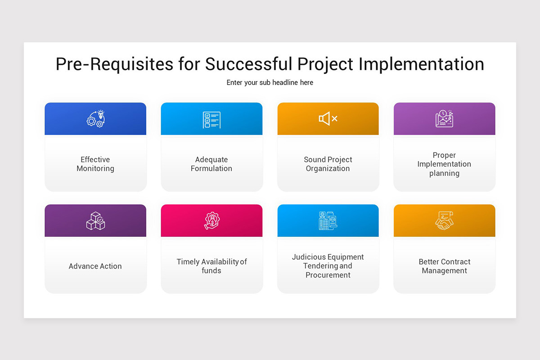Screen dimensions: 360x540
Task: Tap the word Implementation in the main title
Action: [x=421, y=64]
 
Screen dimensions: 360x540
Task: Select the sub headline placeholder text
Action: [x=270, y=83]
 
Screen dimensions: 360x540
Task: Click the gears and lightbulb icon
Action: [x=95, y=119]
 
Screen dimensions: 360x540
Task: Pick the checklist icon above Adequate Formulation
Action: [x=211, y=120]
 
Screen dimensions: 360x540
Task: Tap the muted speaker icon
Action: [x=328, y=119]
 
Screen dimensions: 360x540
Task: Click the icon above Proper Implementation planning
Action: [x=444, y=119]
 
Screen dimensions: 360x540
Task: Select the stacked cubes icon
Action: [x=95, y=221]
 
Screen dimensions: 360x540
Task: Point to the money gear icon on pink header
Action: [x=211, y=221]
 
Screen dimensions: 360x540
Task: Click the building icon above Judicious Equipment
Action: [x=328, y=220]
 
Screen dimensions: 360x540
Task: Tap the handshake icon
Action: [x=444, y=221]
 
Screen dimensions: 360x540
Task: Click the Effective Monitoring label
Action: [x=95, y=164]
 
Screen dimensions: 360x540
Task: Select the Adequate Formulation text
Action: [x=211, y=164]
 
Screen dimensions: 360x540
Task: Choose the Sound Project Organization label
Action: [x=328, y=164]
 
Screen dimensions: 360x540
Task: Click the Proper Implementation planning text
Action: [x=444, y=164]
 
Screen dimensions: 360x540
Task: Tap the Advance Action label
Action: [x=95, y=266]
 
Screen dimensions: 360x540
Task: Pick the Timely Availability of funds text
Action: [x=211, y=266]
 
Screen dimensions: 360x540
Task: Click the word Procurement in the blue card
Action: [x=328, y=275]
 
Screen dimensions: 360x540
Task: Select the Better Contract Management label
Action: [x=444, y=266]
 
